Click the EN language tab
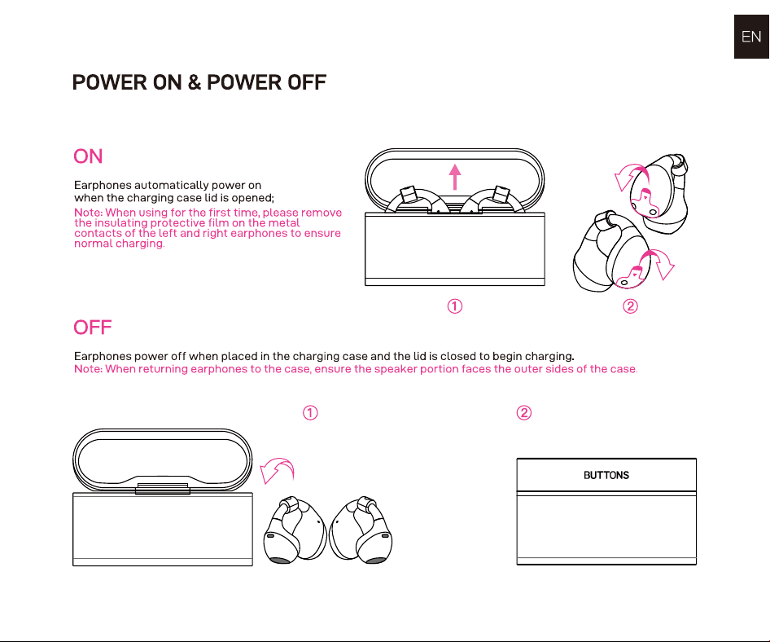751,37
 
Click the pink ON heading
89,156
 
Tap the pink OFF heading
93,328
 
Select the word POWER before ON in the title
109,82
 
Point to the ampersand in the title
195,82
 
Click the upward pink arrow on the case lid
455,177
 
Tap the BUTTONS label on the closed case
606,475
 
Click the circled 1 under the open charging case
455,306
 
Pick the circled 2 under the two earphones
631,306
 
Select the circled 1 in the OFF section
310,412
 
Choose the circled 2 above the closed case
524,412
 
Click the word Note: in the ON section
89,213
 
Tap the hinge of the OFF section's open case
163,488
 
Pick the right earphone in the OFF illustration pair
361,530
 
